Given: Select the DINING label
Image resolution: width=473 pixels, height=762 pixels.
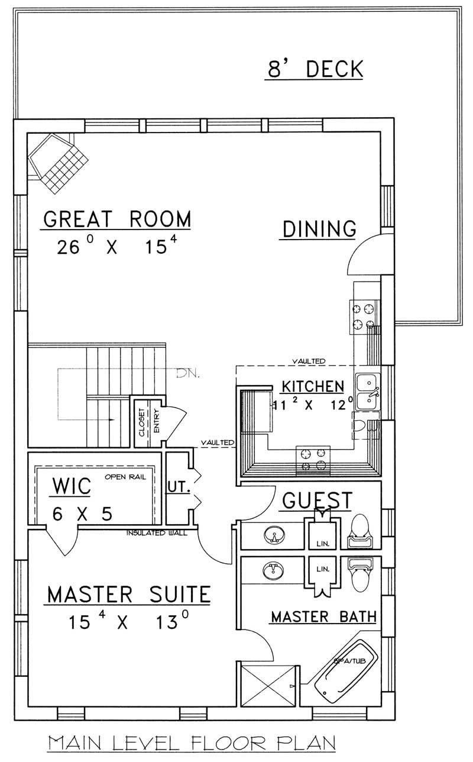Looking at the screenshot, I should click(319, 229).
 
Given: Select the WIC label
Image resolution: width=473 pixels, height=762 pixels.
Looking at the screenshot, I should click(72, 486).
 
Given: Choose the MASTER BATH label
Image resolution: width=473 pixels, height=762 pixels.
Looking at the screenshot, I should click(323, 617).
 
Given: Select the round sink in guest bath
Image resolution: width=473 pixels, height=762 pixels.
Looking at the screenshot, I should click(273, 537).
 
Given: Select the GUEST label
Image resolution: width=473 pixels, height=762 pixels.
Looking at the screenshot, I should click(317, 500).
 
